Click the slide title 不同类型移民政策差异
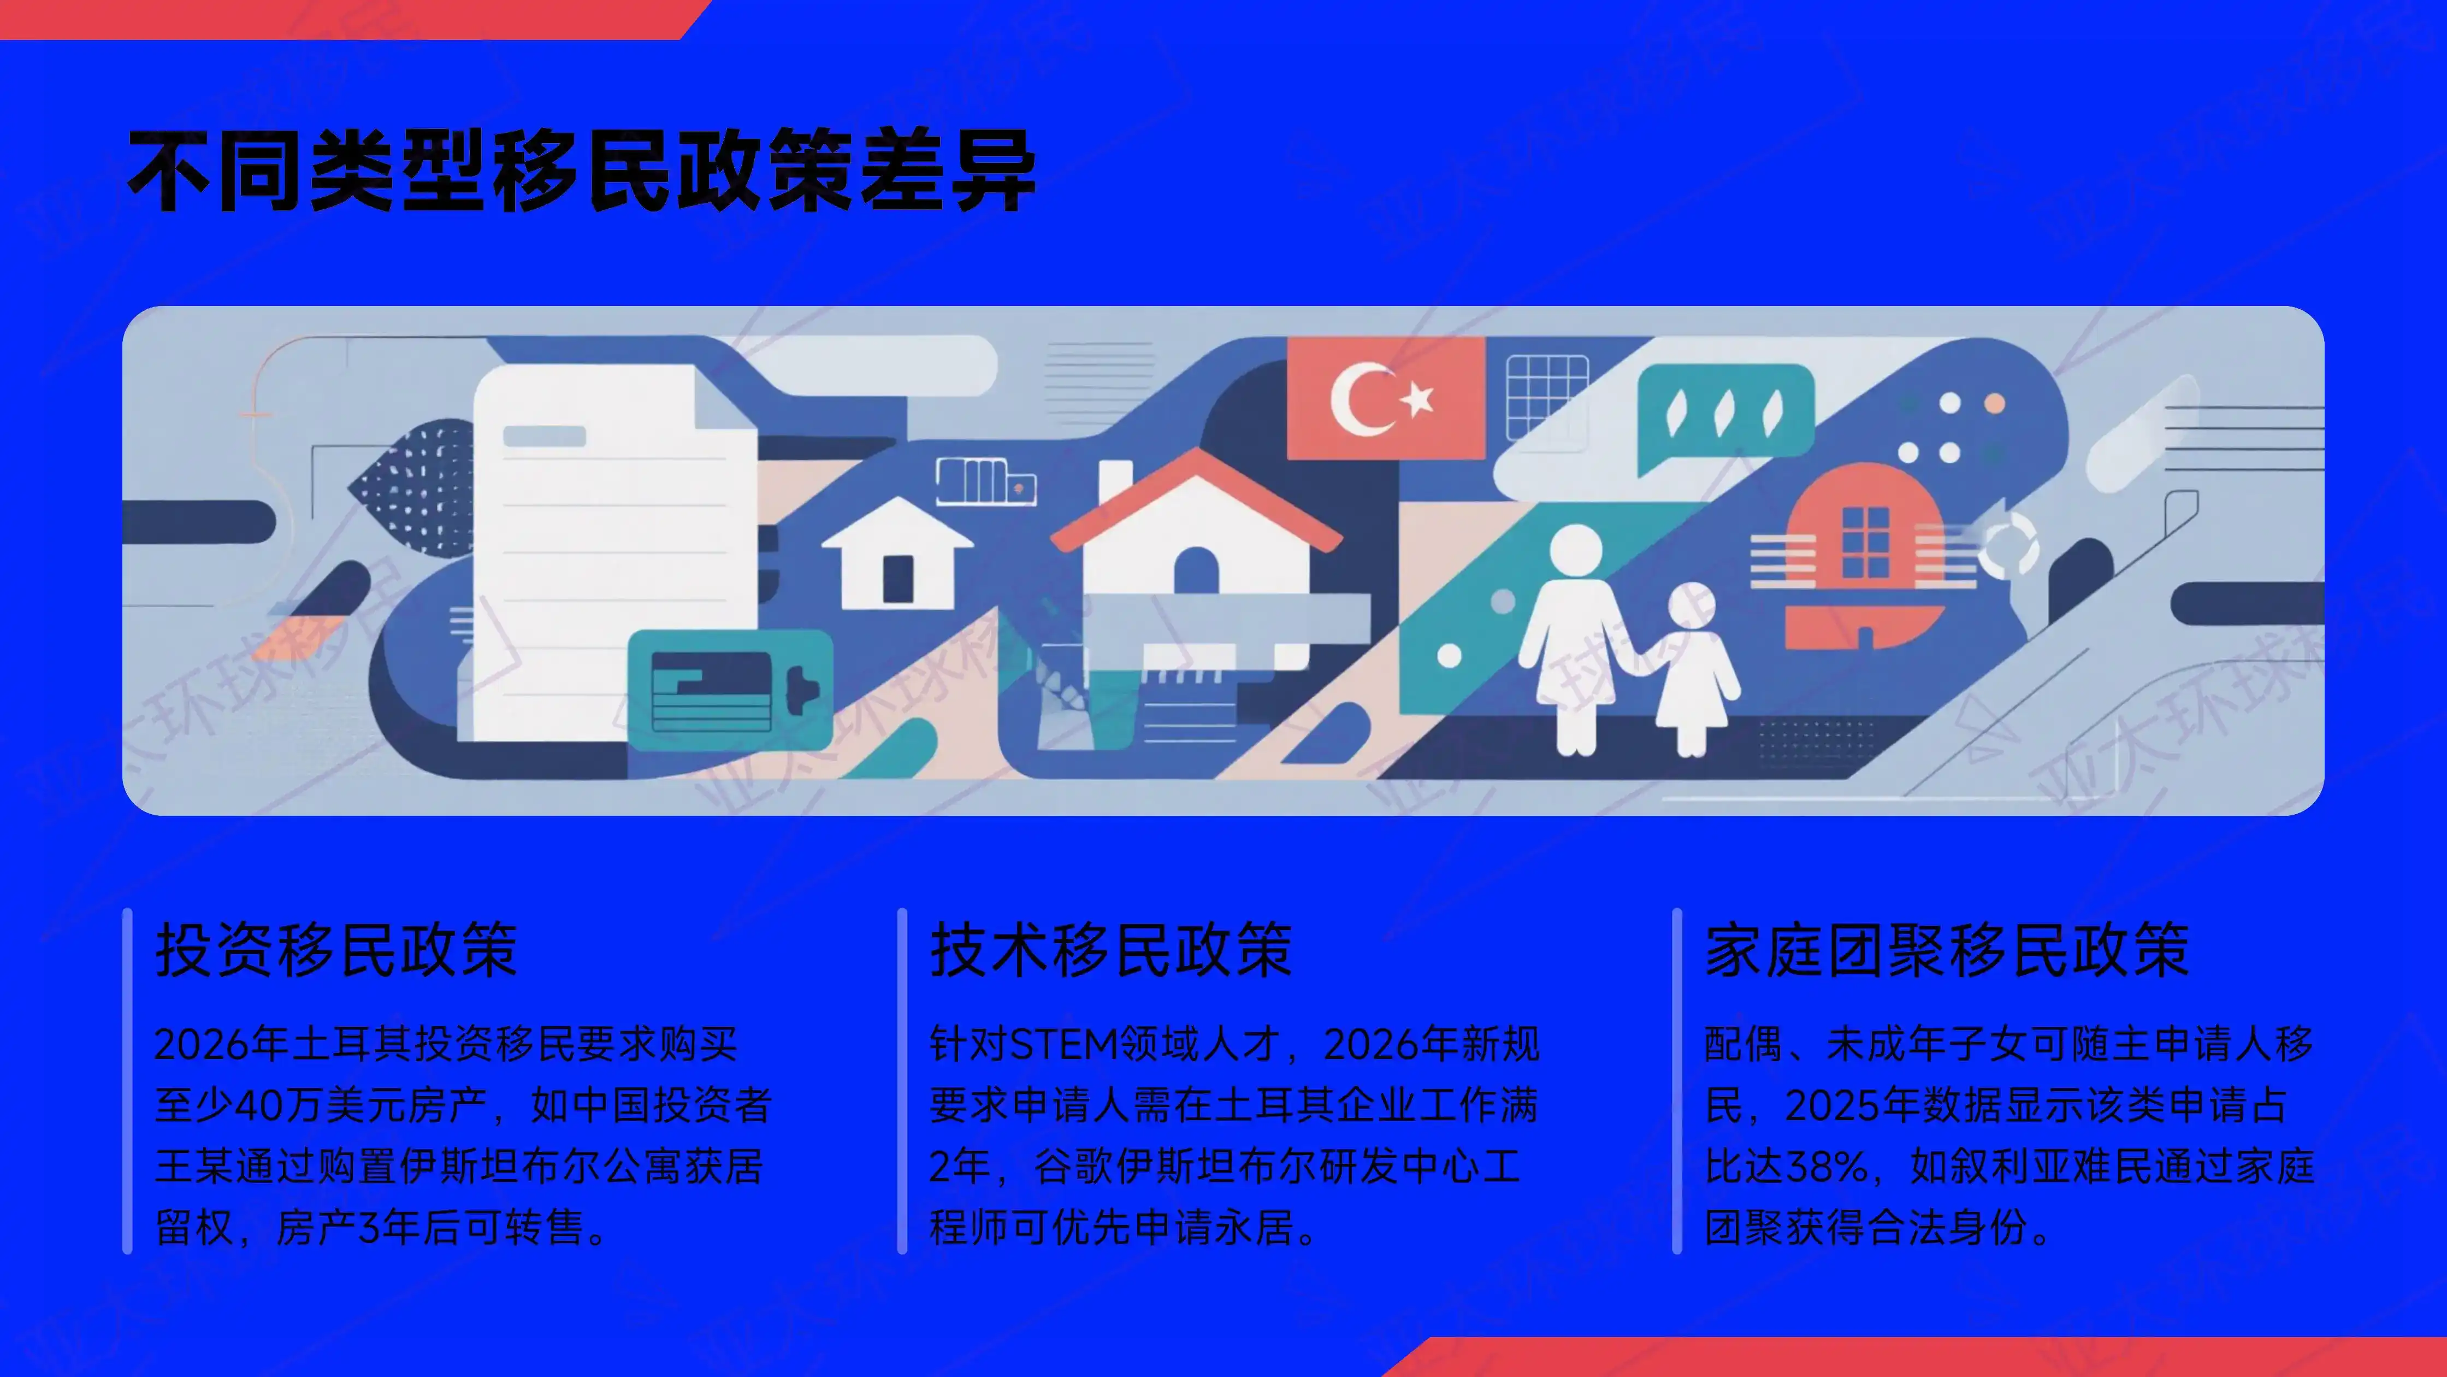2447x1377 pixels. coord(581,171)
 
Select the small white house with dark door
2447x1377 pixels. coord(897,556)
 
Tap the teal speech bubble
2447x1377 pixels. coord(1724,415)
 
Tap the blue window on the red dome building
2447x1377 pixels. coord(1866,542)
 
